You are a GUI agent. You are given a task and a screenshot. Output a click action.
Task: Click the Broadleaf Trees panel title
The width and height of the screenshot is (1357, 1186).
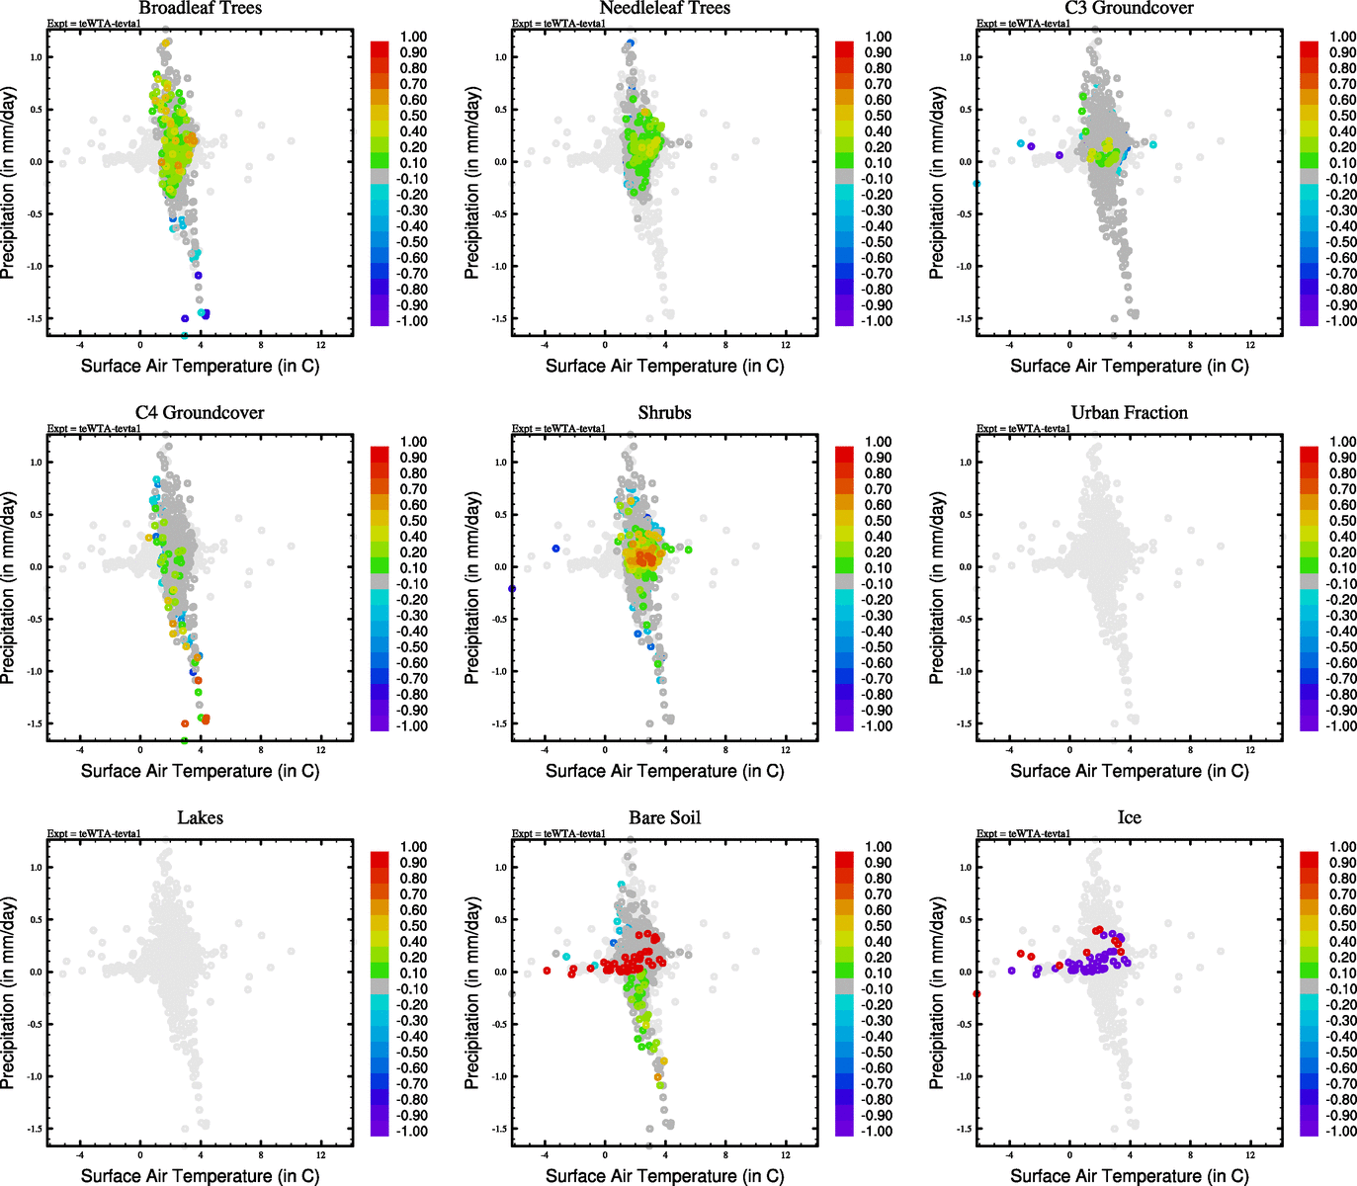coord(200,8)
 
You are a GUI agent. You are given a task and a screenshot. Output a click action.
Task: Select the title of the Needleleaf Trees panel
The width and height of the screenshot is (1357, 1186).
coord(664,8)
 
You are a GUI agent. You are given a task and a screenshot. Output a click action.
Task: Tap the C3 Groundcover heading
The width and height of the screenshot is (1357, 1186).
coord(1129,8)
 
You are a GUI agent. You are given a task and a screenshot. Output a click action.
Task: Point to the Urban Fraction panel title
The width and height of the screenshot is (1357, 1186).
coord(1129,413)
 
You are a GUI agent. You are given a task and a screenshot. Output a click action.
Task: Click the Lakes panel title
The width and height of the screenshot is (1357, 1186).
coord(200,818)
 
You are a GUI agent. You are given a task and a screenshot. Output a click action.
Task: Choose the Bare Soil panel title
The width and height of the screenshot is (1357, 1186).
coord(664,818)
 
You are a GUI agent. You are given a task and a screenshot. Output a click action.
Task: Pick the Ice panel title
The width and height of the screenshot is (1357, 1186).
coord(1129,818)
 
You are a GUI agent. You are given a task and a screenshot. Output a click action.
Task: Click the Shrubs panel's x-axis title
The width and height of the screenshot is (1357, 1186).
coord(664,771)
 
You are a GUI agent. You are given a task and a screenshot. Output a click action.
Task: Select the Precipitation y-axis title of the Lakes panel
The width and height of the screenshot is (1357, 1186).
coord(9,993)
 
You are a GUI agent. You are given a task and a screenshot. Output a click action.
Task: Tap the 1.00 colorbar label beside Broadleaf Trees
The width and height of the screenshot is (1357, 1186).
coord(413,37)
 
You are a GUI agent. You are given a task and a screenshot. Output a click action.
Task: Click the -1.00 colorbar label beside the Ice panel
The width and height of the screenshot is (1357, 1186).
coord(1341,1131)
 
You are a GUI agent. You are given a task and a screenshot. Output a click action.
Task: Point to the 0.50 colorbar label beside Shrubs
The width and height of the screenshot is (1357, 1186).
coord(879,521)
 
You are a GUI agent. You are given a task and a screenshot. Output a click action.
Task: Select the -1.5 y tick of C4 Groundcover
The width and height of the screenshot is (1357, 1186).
coord(35,724)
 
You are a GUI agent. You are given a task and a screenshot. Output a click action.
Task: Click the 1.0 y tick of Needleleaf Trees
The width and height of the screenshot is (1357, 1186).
coord(500,57)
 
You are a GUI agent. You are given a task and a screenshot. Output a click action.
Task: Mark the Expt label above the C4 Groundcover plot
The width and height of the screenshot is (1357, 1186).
coord(94,429)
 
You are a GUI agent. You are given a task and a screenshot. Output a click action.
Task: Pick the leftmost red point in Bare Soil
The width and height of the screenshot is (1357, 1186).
coord(547,971)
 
